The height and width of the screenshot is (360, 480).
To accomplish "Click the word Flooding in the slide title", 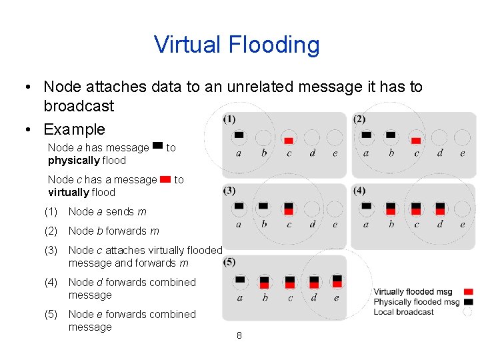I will (x=274, y=45).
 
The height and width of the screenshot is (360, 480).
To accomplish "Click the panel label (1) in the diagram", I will (x=229, y=119).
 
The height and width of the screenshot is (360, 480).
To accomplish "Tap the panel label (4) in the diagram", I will (x=359, y=191).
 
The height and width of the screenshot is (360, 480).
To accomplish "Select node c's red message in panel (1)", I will (x=289, y=140).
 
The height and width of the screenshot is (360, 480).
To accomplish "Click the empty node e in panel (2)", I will (x=462, y=137).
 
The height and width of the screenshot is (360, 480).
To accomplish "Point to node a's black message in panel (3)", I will (x=239, y=206).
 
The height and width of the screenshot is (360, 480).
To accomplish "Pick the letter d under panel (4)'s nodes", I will (x=440, y=225).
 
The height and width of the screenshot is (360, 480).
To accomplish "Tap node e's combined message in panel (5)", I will (x=337, y=281).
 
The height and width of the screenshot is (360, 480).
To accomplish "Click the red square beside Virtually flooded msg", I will (x=468, y=292).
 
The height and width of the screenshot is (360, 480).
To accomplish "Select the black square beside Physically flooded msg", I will (x=468, y=302).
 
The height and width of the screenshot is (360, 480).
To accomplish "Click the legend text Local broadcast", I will (x=403, y=312).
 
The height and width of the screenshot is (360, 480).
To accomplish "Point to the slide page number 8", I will (x=239, y=335).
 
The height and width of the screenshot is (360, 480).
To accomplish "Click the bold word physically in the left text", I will (x=73, y=161).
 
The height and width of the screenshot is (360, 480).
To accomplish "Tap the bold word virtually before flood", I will (x=68, y=193).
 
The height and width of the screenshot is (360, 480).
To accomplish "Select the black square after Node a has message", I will (x=157, y=145).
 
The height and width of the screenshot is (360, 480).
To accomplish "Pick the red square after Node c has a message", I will (x=165, y=178).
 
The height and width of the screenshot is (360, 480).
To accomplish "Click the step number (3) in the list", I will (x=51, y=250).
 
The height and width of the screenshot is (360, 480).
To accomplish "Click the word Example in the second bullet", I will (x=74, y=129).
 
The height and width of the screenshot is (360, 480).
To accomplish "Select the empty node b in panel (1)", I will (x=264, y=137).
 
